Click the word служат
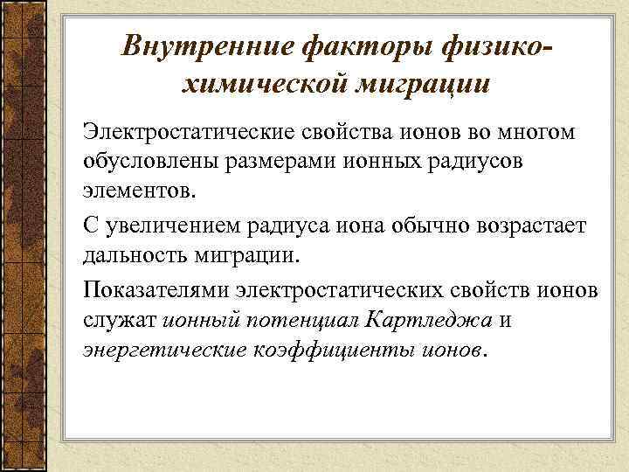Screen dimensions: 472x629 tap(120, 319)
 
